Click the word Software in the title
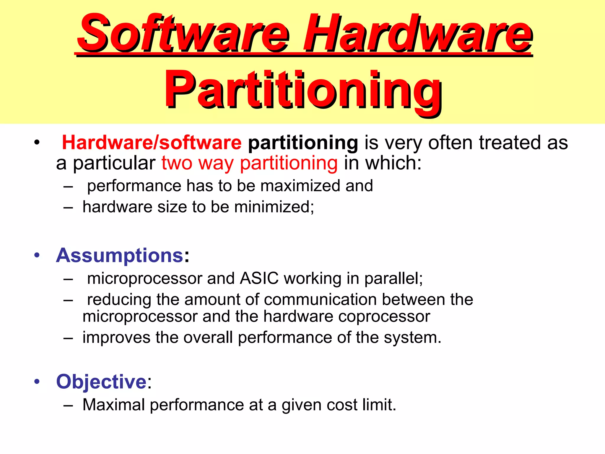183,33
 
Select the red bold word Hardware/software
152,143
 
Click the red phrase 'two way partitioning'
249,163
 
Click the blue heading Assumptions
120,255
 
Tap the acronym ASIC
259,278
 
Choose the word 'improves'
116,338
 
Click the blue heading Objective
101,382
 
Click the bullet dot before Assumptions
37,255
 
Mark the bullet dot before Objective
37,382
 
